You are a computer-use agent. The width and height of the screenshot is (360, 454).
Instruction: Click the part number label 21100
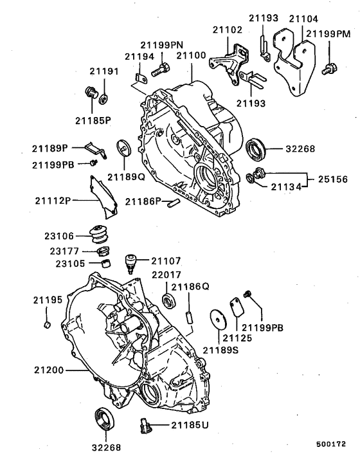click(x=192, y=57)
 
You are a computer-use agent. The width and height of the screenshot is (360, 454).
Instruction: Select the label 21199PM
click(x=328, y=33)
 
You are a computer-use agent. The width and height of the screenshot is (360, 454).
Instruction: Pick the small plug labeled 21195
click(x=47, y=323)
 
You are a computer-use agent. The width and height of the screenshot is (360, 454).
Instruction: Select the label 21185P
click(x=93, y=120)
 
